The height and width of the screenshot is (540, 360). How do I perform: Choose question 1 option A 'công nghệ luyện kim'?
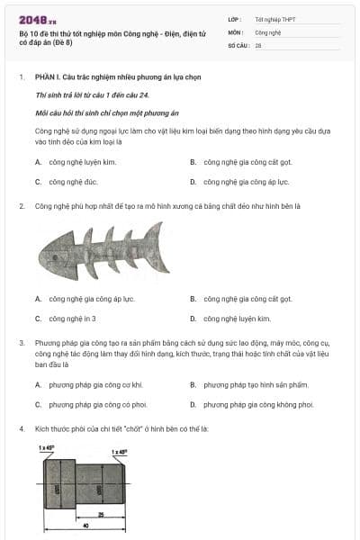pos(76,163)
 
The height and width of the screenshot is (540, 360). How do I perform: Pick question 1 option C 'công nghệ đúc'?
pos(71,181)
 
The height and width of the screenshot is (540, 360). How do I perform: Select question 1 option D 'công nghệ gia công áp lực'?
pos(246,181)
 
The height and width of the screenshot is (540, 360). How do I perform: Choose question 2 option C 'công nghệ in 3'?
pos(72,318)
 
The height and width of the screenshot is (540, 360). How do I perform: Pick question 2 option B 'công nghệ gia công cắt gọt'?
pos(247,299)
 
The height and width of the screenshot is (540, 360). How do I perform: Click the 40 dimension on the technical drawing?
pos(86,524)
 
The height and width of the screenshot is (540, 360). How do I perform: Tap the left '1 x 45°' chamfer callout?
pos(47,447)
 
